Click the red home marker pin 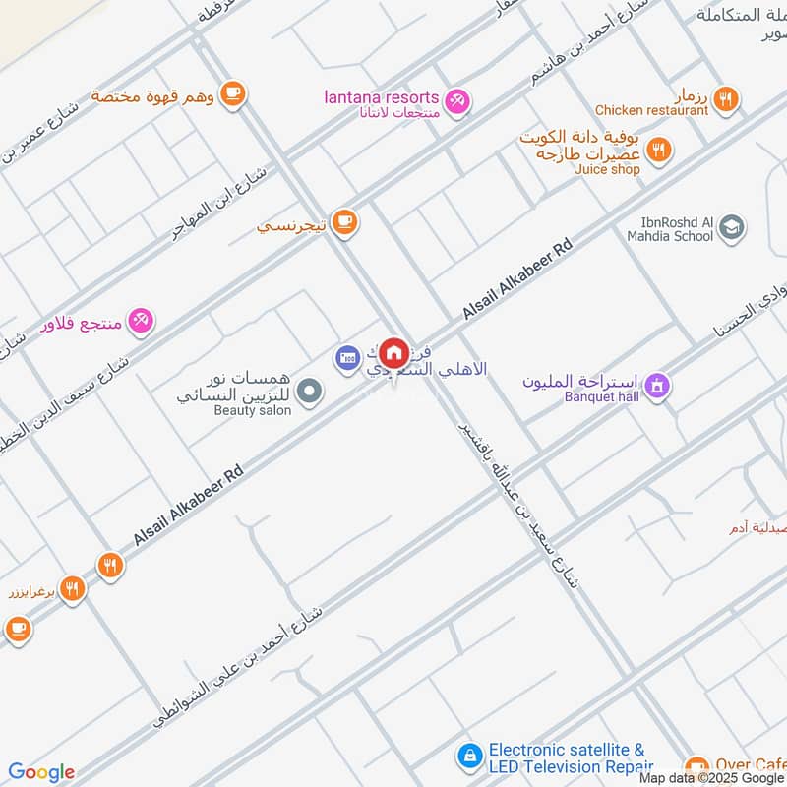393,353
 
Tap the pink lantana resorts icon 456,99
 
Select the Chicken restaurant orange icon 726,97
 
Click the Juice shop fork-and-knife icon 659,150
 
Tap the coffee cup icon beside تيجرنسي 343,223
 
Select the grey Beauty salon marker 310,393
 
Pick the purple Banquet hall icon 657,386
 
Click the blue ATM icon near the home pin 346,357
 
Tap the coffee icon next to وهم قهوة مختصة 232,93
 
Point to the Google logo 41,772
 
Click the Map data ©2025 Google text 711,777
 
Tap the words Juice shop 607,169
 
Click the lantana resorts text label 381,96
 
